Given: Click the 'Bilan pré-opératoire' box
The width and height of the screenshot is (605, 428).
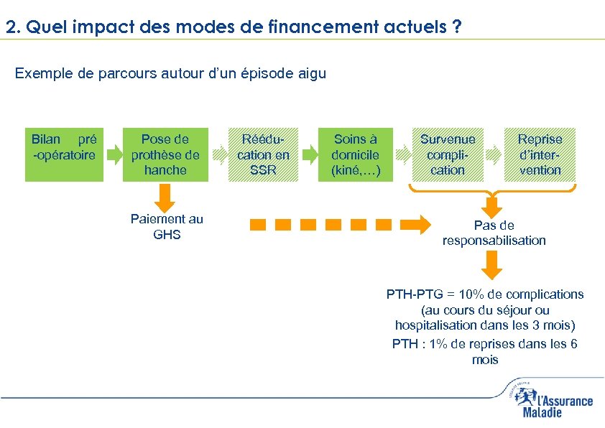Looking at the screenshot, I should [64, 154].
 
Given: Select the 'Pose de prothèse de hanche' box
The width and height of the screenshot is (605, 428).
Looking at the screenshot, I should [165, 154].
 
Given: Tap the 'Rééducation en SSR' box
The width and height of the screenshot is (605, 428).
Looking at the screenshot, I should [263, 154].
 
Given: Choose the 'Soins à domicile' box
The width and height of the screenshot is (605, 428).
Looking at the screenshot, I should [356, 154].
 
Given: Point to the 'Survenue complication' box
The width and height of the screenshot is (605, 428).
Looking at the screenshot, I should [448, 154].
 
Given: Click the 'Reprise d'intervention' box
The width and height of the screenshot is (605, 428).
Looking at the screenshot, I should [540, 154].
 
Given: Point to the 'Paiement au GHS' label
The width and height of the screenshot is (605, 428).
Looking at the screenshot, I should [167, 227].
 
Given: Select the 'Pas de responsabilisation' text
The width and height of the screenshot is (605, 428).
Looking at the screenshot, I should [494, 233].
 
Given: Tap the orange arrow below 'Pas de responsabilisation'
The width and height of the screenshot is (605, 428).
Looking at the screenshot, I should [491, 266].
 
